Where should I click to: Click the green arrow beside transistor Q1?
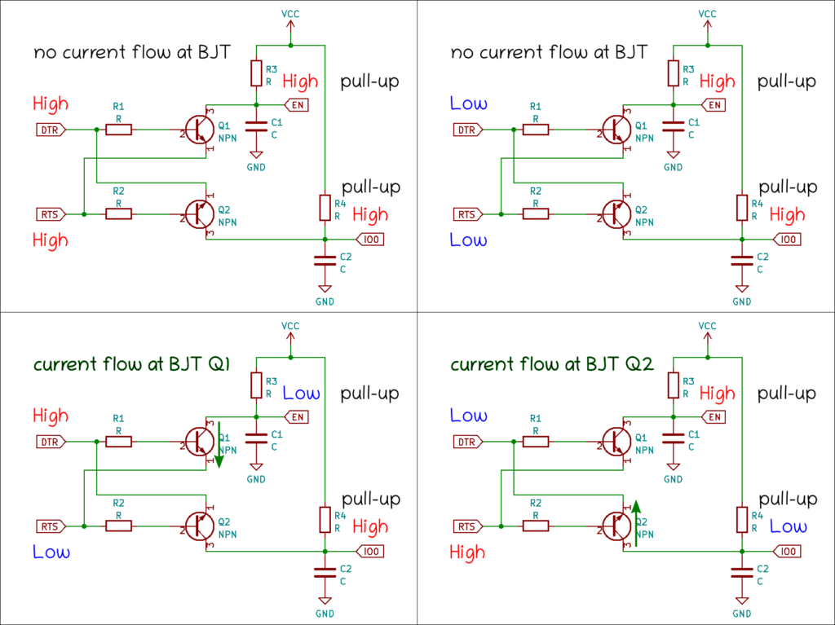pyautogui.click(x=218, y=444)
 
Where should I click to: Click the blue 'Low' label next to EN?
pyautogui.click(x=301, y=394)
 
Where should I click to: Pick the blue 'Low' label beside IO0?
pyautogui.click(x=789, y=526)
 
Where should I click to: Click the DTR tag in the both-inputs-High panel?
pyautogui.click(x=50, y=130)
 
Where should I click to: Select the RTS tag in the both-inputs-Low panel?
pyautogui.click(x=466, y=214)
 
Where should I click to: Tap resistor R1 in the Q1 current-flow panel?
pyautogui.click(x=119, y=442)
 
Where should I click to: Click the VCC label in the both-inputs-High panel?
pyautogui.click(x=289, y=14)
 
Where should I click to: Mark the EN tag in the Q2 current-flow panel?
pyautogui.click(x=714, y=417)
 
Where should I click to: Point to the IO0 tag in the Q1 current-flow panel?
pyautogui.click(x=371, y=552)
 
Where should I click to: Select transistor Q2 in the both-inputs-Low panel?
pyautogui.click(x=614, y=214)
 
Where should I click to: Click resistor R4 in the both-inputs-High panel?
pyautogui.click(x=325, y=207)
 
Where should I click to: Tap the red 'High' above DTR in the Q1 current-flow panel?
pyautogui.click(x=51, y=416)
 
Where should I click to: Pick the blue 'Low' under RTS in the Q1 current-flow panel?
pyautogui.click(x=51, y=552)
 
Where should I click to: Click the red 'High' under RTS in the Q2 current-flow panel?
pyautogui.click(x=468, y=552)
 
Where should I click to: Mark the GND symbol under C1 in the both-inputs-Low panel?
pyautogui.click(x=674, y=156)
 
